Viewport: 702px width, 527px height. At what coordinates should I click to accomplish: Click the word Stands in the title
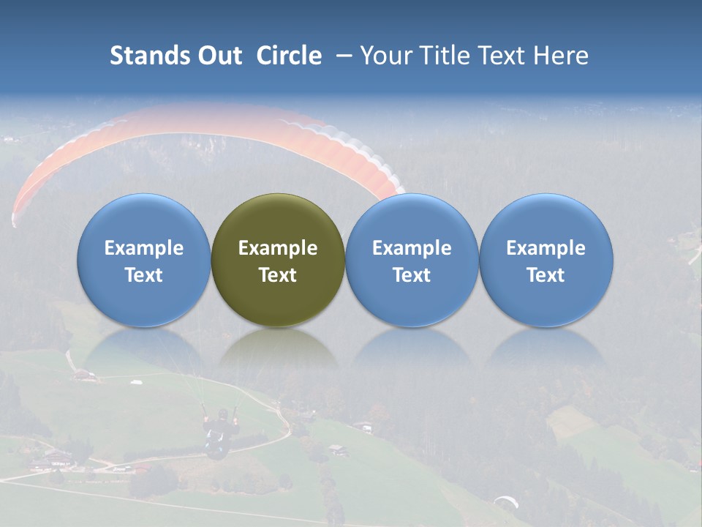point(149,56)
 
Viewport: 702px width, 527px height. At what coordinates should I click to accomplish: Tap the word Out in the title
point(219,56)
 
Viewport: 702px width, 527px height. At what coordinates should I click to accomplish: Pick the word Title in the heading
point(445,56)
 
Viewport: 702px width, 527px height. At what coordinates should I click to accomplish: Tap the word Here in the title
point(562,56)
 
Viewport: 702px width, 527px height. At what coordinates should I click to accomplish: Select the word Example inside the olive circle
point(278,248)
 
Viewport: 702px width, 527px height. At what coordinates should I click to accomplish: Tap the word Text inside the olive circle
point(278,275)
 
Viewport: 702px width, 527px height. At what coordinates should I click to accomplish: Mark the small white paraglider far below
point(505,501)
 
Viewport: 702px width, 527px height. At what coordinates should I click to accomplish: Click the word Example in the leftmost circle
point(143,248)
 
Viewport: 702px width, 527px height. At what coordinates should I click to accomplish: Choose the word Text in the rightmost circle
point(546,275)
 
